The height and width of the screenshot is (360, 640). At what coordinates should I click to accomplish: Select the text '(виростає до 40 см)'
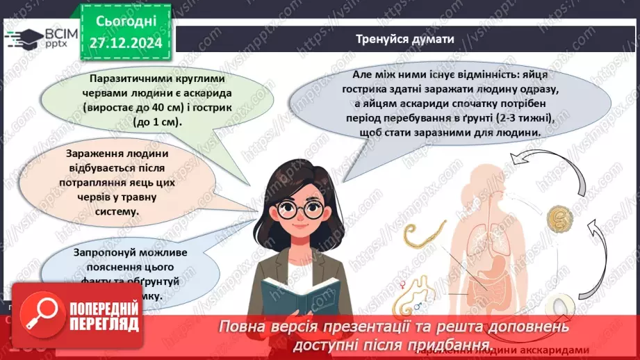pyautogui.click(x=129, y=108)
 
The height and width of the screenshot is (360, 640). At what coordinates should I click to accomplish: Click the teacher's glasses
pyautogui.click(x=301, y=210)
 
